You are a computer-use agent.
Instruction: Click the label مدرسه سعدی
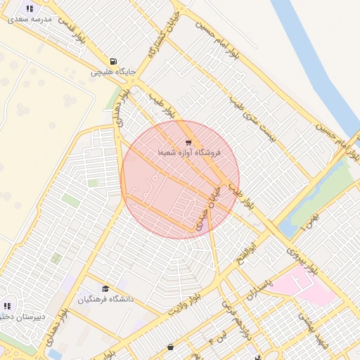coord(30,20)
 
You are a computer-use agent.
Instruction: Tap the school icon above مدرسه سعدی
coord(30,8)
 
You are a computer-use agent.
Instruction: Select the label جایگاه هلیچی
coord(112,72)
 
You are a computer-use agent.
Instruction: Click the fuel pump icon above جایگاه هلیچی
coord(115,60)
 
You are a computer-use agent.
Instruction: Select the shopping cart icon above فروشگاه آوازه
coord(188,142)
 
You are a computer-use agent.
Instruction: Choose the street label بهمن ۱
coord(308,220)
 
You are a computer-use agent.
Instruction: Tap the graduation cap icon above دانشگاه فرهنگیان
coord(105,288)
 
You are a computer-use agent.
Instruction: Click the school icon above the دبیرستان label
coord(8,306)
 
